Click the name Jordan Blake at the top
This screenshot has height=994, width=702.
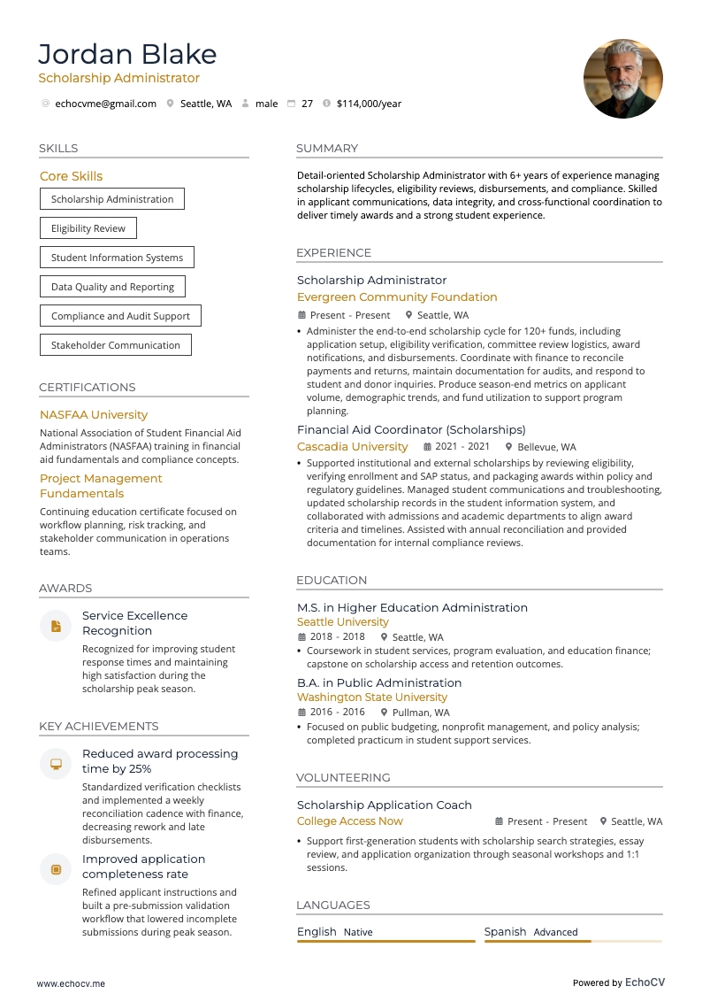[127, 54]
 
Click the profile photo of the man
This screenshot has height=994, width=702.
[622, 79]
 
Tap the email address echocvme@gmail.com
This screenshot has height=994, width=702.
[105, 104]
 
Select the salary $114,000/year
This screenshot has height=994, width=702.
[369, 104]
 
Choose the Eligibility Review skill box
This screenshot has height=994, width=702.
[88, 228]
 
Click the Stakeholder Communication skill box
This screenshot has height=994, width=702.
[115, 345]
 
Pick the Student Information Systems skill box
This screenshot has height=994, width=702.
[117, 258]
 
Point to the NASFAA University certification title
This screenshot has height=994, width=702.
[94, 414]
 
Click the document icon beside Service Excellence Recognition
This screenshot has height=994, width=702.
[56, 627]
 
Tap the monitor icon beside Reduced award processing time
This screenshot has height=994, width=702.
[56, 764]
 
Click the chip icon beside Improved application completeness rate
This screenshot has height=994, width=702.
[56, 869]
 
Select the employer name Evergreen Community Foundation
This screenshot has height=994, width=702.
[397, 297]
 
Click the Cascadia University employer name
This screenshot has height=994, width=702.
[352, 447]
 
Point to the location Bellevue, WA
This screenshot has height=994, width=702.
[546, 448]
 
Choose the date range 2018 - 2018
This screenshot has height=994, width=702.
[337, 637]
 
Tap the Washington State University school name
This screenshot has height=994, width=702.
[371, 697]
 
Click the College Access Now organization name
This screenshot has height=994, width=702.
[349, 821]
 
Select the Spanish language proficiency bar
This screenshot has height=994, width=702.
[572, 941]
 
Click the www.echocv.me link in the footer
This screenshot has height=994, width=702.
[71, 983]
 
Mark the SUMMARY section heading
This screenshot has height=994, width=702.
[327, 149]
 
